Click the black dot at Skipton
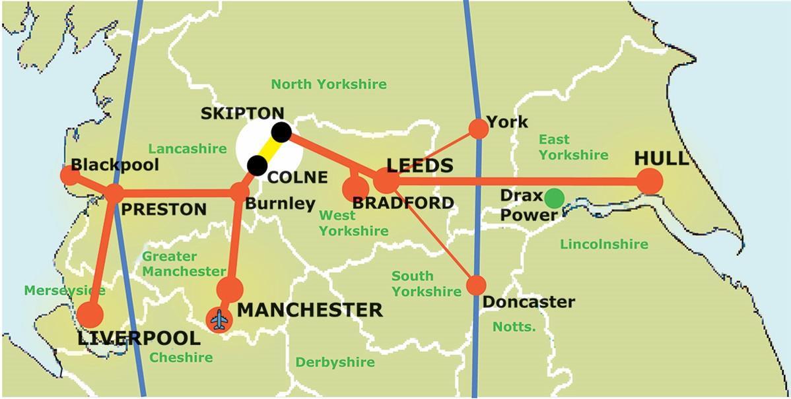(281, 132)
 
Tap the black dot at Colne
(257, 164)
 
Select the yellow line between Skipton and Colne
(269, 148)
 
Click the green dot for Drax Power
(554, 198)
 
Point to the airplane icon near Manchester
(219, 321)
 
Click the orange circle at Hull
(649, 181)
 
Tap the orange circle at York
(478, 128)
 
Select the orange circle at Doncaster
(476, 285)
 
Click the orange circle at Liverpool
(90, 315)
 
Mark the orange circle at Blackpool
(69, 175)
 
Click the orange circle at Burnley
(239, 193)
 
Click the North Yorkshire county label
(329, 84)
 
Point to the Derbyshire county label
(335, 362)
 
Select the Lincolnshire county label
(603, 245)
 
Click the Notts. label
(514, 326)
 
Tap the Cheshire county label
(181, 357)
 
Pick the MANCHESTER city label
(310, 309)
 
